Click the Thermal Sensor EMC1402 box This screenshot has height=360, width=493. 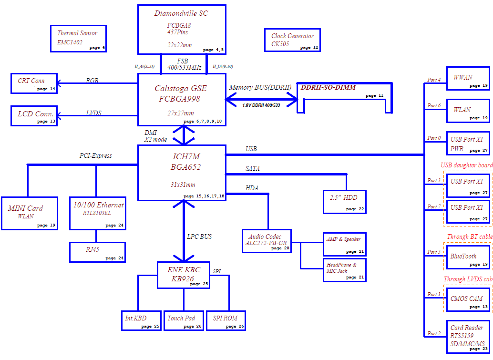point(78,39)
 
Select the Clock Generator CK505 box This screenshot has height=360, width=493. point(292,40)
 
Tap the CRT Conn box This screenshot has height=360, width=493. point(34,83)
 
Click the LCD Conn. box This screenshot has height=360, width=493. point(34,116)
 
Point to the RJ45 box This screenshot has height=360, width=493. point(97,252)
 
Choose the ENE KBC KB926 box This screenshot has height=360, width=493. point(184,275)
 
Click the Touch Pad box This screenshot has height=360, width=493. point(184,321)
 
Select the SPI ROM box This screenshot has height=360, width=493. point(226,321)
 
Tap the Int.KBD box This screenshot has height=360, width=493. point(142,321)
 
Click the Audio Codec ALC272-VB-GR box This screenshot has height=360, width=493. point(267,241)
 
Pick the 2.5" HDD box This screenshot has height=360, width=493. point(345,202)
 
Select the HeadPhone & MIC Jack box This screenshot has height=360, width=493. point(345,270)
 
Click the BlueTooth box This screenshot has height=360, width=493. point(468,257)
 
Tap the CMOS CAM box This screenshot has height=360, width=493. point(468,300)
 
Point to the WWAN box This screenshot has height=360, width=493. point(468,78)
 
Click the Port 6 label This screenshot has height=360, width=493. point(434,106)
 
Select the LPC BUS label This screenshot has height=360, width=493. point(199,237)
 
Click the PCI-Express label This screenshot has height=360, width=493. point(95,155)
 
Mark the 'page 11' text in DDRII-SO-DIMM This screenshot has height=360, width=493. point(374,95)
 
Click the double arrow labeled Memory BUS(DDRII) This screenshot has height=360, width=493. point(262,100)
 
